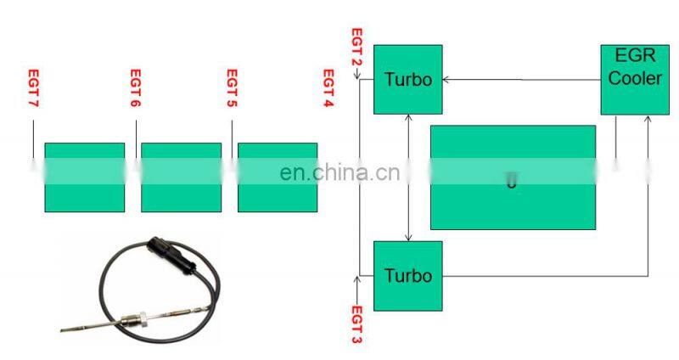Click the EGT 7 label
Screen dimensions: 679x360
(34, 89)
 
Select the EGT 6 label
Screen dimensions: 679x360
(135, 89)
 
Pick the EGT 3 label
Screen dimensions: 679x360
(356, 323)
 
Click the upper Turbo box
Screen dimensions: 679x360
(407, 79)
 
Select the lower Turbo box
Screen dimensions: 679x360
(407, 275)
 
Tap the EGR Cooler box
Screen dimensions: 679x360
(631, 79)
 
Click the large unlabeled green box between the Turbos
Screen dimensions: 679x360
(513, 177)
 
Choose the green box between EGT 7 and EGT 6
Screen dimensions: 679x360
(84, 177)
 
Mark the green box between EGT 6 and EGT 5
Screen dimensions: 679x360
(181, 177)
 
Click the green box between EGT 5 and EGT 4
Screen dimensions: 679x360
(278, 177)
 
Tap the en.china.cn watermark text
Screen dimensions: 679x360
(339, 173)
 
